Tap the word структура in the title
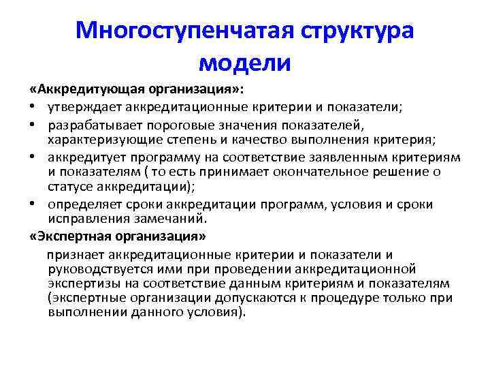click(x=357, y=30)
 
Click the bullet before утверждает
click(x=33, y=108)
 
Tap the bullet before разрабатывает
click(x=33, y=125)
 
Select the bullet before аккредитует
click(x=33, y=157)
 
